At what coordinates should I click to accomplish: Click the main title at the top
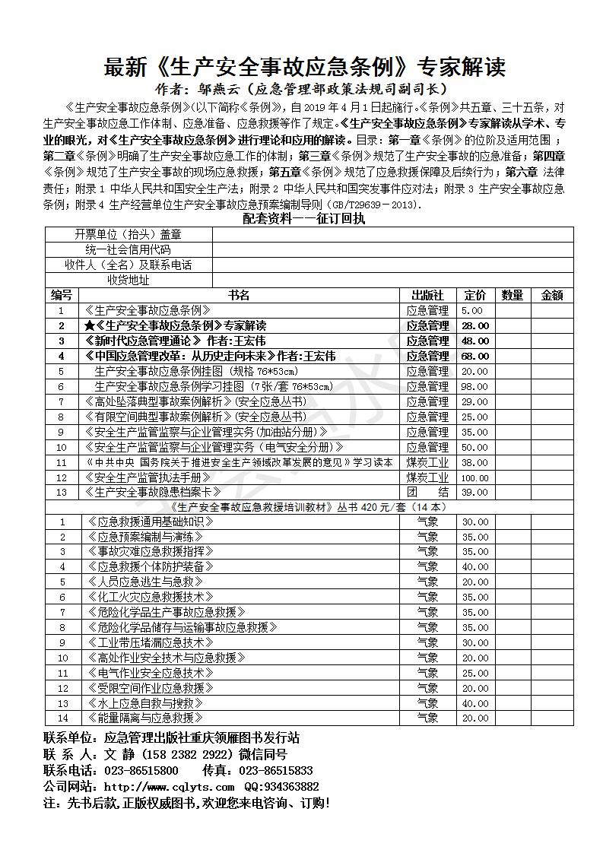click(x=304, y=68)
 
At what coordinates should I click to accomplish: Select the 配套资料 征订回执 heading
click(x=304, y=219)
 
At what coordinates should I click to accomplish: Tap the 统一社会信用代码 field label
click(x=128, y=249)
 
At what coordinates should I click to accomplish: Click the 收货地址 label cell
click(x=128, y=280)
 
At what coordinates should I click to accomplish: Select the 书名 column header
click(x=240, y=295)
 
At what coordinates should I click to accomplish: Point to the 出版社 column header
click(x=427, y=295)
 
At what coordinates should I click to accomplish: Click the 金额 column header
click(x=552, y=295)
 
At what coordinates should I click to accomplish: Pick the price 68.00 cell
click(x=474, y=356)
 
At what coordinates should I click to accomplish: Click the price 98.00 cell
click(x=474, y=386)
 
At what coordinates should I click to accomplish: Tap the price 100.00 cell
click(x=474, y=477)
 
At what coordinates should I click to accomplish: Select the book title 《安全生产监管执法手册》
click(x=148, y=477)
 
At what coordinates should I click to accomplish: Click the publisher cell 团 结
click(x=427, y=492)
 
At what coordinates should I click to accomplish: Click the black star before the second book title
click(x=90, y=325)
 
